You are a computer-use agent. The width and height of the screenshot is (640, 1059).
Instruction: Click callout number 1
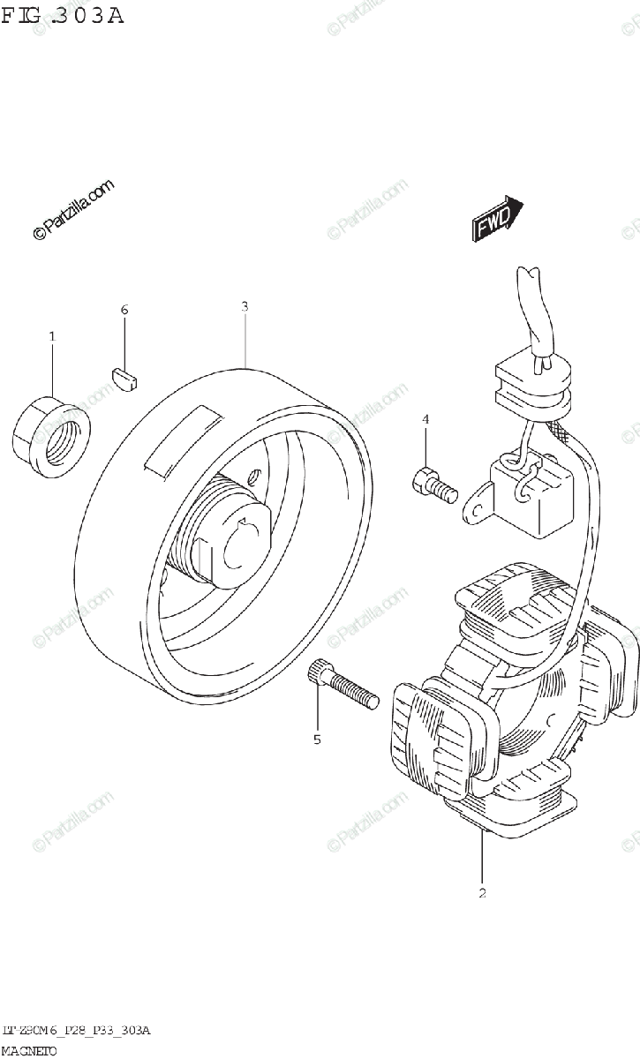(52, 336)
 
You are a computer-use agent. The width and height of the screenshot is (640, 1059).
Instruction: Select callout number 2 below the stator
(483, 893)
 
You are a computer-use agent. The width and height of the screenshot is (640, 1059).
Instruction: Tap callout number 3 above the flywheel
(245, 306)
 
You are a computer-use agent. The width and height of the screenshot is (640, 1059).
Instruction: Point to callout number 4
(425, 419)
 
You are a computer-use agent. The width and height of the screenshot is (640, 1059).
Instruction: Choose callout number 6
(124, 310)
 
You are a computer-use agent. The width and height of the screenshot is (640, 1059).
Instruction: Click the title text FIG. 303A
(62, 15)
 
